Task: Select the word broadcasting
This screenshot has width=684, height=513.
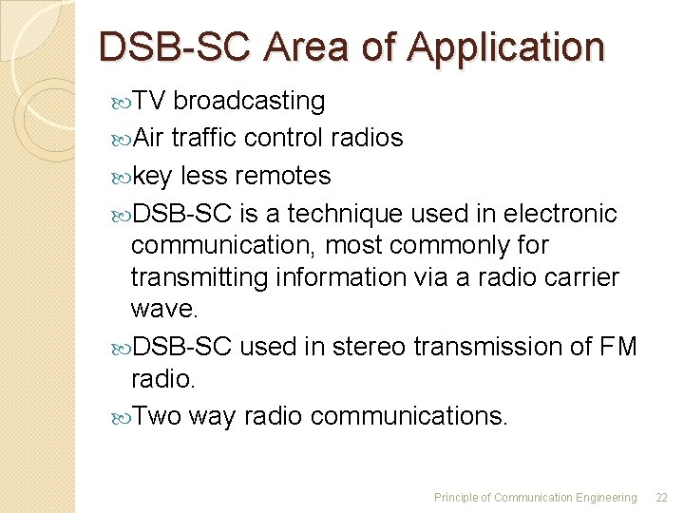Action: (x=249, y=101)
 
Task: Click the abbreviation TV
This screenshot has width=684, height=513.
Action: (x=149, y=101)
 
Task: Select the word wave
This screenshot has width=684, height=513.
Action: (x=161, y=310)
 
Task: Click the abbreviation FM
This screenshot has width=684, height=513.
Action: (x=618, y=347)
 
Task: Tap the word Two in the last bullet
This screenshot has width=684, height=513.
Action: (x=157, y=416)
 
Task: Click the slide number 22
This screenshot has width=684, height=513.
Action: (x=662, y=497)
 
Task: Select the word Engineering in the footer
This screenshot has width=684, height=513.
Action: (x=605, y=497)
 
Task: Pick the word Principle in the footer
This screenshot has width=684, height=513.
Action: (x=457, y=497)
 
